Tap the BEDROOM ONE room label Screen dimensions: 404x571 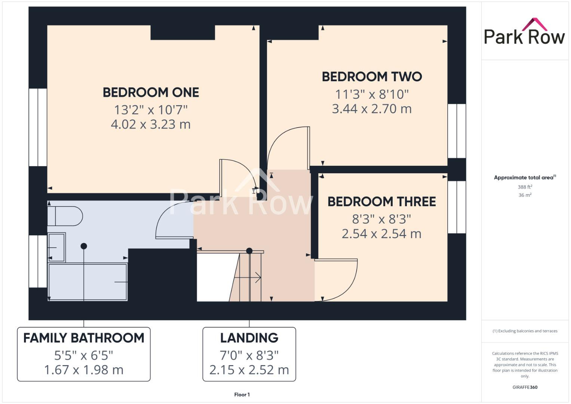point(151,92)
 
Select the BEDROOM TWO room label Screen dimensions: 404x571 point(372,77)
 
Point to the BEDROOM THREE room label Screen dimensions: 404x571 point(381,202)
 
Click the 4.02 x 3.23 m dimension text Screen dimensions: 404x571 point(151,124)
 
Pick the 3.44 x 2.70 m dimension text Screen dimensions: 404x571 point(372,109)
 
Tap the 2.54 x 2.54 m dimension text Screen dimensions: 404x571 point(381,234)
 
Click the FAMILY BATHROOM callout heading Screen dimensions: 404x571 point(84,338)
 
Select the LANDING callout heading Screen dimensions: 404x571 point(249,338)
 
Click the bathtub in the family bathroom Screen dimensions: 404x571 point(88,282)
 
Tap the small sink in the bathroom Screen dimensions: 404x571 point(56,247)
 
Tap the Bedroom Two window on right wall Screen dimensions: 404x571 point(457,131)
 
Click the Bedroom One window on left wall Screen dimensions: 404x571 point(38,127)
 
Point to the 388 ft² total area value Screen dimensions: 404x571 point(525,187)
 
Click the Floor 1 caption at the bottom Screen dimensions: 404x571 point(242,395)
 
